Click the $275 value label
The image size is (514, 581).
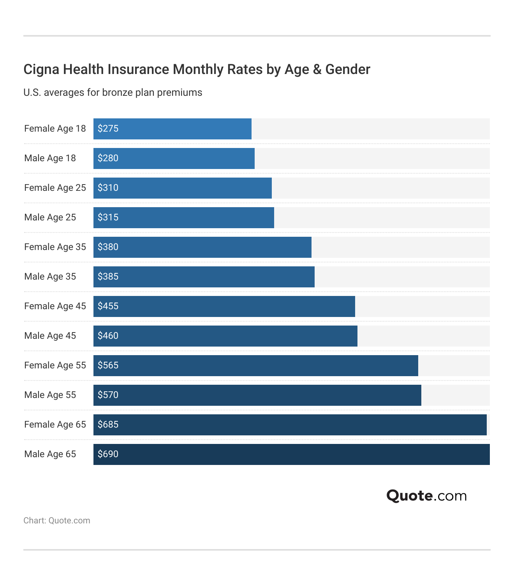[x=108, y=129]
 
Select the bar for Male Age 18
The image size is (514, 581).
[x=174, y=158]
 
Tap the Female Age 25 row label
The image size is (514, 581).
[x=55, y=188]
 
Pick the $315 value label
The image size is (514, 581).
[x=108, y=217]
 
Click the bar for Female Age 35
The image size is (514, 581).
[x=202, y=247]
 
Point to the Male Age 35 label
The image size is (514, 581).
[x=50, y=276]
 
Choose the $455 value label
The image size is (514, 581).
[x=108, y=306]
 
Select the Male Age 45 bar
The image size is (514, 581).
[x=225, y=336]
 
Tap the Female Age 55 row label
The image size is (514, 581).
[x=55, y=365]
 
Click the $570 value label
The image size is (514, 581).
[x=108, y=395]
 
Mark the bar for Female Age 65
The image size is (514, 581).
[x=290, y=425]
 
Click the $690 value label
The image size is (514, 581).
[x=108, y=454]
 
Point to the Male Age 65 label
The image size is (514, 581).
[x=50, y=454]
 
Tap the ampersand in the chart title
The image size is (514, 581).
[x=317, y=69]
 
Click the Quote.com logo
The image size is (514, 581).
[x=426, y=496]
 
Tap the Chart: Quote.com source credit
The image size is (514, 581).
[x=57, y=521]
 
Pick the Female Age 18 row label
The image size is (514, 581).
[x=55, y=129]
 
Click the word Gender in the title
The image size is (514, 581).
[x=348, y=69]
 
